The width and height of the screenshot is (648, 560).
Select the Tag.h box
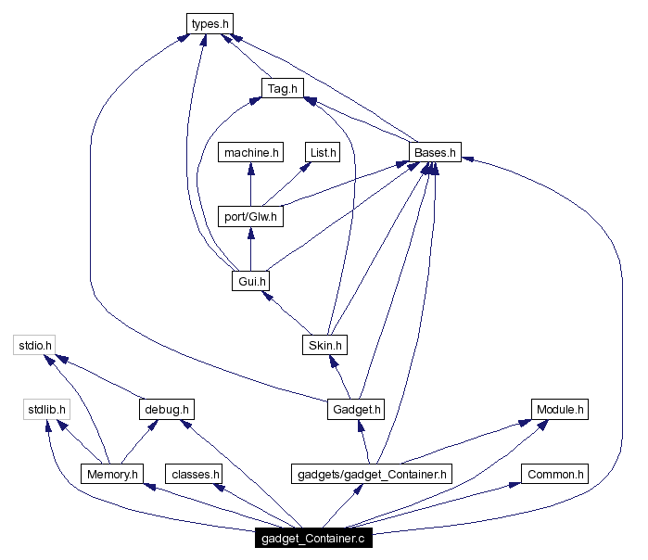click(x=282, y=88)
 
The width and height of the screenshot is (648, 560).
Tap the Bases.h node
click(x=435, y=152)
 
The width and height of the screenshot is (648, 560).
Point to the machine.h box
click(x=249, y=152)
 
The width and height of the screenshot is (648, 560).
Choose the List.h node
click(x=323, y=152)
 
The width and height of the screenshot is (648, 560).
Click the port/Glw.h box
click(x=249, y=217)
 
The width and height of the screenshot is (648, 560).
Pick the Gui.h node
click(x=249, y=281)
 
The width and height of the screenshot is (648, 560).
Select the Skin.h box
click(x=324, y=346)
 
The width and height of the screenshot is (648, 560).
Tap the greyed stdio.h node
click(x=36, y=346)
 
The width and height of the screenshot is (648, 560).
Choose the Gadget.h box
click(x=355, y=410)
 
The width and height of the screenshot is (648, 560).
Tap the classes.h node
click(x=194, y=475)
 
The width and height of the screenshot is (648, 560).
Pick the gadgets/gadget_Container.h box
click(x=370, y=475)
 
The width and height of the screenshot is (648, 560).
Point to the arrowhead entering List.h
click(x=307, y=167)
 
